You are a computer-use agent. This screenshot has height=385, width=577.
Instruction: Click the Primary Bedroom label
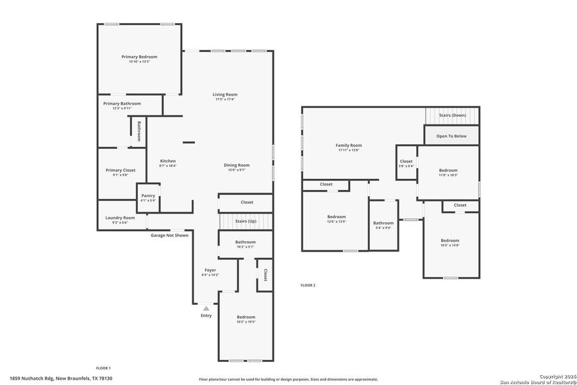click(x=139, y=56)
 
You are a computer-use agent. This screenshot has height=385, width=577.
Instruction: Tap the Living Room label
click(x=225, y=95)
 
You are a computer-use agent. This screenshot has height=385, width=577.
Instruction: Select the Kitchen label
click(x=167, y=161)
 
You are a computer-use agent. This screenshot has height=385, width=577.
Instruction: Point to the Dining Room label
click(x=237, y=165)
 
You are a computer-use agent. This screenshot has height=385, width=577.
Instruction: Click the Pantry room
click(x=148, y=198)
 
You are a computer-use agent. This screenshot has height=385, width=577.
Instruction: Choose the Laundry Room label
click(x=120, y=218)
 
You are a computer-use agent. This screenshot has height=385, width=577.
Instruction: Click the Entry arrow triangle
click(x=206, y=309)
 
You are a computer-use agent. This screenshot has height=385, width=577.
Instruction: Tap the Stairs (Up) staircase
click(x=246, y=221)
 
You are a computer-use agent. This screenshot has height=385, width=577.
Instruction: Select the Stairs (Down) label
click(x=452, y=116)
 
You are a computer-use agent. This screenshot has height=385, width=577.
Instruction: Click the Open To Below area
click(x=451, y=136)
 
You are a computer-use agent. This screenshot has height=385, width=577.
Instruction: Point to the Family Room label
click(x=349, y=146)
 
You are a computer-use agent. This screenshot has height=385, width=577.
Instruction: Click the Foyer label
click(x=210, y=270)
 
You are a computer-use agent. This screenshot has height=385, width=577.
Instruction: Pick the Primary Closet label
click(x=121, y=170)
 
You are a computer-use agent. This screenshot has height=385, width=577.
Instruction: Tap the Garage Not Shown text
click(x=169, y=235)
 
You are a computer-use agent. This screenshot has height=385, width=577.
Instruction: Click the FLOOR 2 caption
click(x=308, y=285)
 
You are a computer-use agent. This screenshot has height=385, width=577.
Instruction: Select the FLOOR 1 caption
click(x=103, y=368)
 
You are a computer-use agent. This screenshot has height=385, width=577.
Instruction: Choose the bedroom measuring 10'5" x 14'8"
click(x=450, y=243)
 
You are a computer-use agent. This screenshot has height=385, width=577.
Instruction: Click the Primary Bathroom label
click(x=122, y=103)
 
